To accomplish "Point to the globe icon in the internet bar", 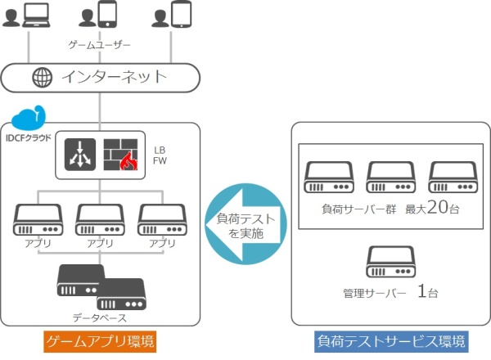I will pyautogui.click(x=40, y=79).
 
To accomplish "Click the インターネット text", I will pyautogui.click(x=114, y=79).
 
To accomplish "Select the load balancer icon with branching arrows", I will pyautogui.click(x=80, y=154).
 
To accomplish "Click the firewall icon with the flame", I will pyautogui.click(x=119, y=154).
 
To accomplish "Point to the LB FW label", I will pyautogui.click(x=160, y=155).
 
